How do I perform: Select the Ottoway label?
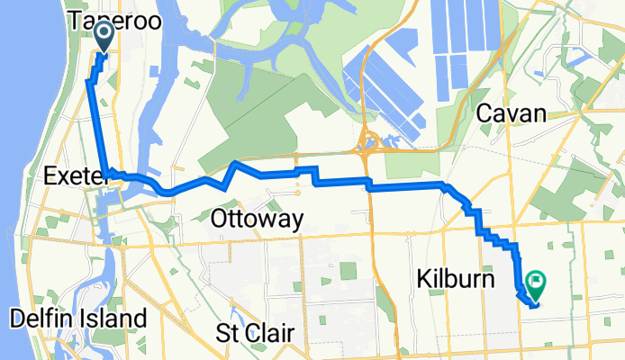[257, 219]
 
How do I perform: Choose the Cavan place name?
[512, 113]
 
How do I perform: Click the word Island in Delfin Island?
[113, 318]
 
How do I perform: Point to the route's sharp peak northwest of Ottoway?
[234, 163]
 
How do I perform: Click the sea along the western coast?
[18, 135]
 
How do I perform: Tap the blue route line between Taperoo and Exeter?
[98, 126]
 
